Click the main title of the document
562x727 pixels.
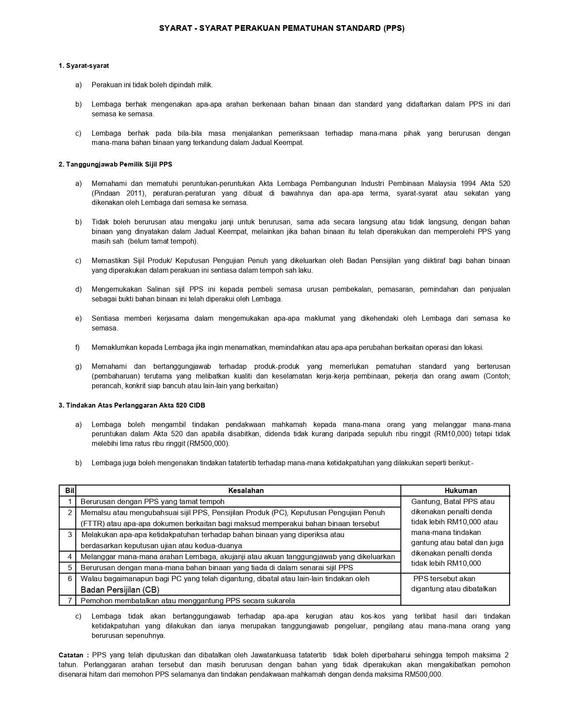(x=281, y=29)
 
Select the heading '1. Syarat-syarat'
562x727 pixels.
(x=84, y=66)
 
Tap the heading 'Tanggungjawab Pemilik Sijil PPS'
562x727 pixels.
(x=115, y=164)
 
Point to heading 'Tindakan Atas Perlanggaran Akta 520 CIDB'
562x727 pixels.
(x=132, y=405)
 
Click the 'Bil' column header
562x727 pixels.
(x=70, y=490)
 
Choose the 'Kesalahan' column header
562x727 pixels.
(x=246, y=490)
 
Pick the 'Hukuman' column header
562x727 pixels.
(x=461, y=490)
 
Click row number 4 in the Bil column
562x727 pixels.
(x=70, y=556)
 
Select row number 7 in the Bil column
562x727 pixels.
(x=70, y=601)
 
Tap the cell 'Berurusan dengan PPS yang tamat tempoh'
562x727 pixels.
(x=153, y=501)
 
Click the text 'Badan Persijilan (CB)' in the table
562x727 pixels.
(x=120, y=590)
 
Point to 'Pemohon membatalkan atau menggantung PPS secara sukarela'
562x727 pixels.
(x=188, y=601)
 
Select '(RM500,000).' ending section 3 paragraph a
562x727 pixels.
(x=208, y=444)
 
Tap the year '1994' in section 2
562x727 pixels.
(x=469, y=183)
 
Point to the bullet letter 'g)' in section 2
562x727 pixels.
(x=78, y=367)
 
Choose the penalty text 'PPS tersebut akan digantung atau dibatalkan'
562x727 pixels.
(x=454, y=584)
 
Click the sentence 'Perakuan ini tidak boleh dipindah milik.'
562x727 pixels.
(x=152, y=85)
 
